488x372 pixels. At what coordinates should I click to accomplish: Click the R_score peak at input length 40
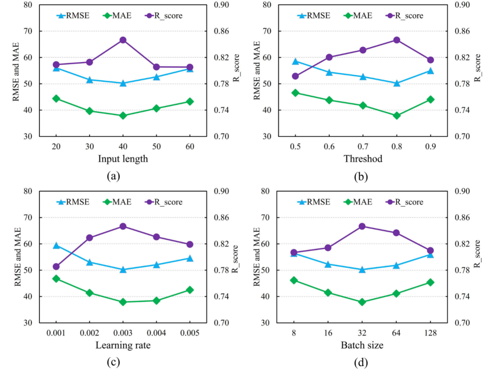pos(123,40)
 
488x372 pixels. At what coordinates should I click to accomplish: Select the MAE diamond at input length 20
pos(56,98)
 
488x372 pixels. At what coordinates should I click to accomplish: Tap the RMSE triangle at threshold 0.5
pos(296,61)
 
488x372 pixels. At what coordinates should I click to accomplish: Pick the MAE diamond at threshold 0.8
pos(397,116)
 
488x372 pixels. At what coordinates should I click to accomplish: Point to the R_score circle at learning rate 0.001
pos(56,267)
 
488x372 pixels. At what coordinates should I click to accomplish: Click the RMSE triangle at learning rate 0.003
pos(123,270)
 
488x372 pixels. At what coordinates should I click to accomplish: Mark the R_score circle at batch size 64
pos(397,233)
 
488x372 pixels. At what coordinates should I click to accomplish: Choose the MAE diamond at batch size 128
pos(430,283)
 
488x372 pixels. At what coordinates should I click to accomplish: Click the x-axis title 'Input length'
pos(122,159)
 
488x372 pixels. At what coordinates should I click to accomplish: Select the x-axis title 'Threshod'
pos(363,159)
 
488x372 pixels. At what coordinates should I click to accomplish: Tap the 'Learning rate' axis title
pos(122,345)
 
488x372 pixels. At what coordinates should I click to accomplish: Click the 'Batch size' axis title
pos(363,345)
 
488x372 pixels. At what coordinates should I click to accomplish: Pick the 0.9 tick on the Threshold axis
pos(430,147)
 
